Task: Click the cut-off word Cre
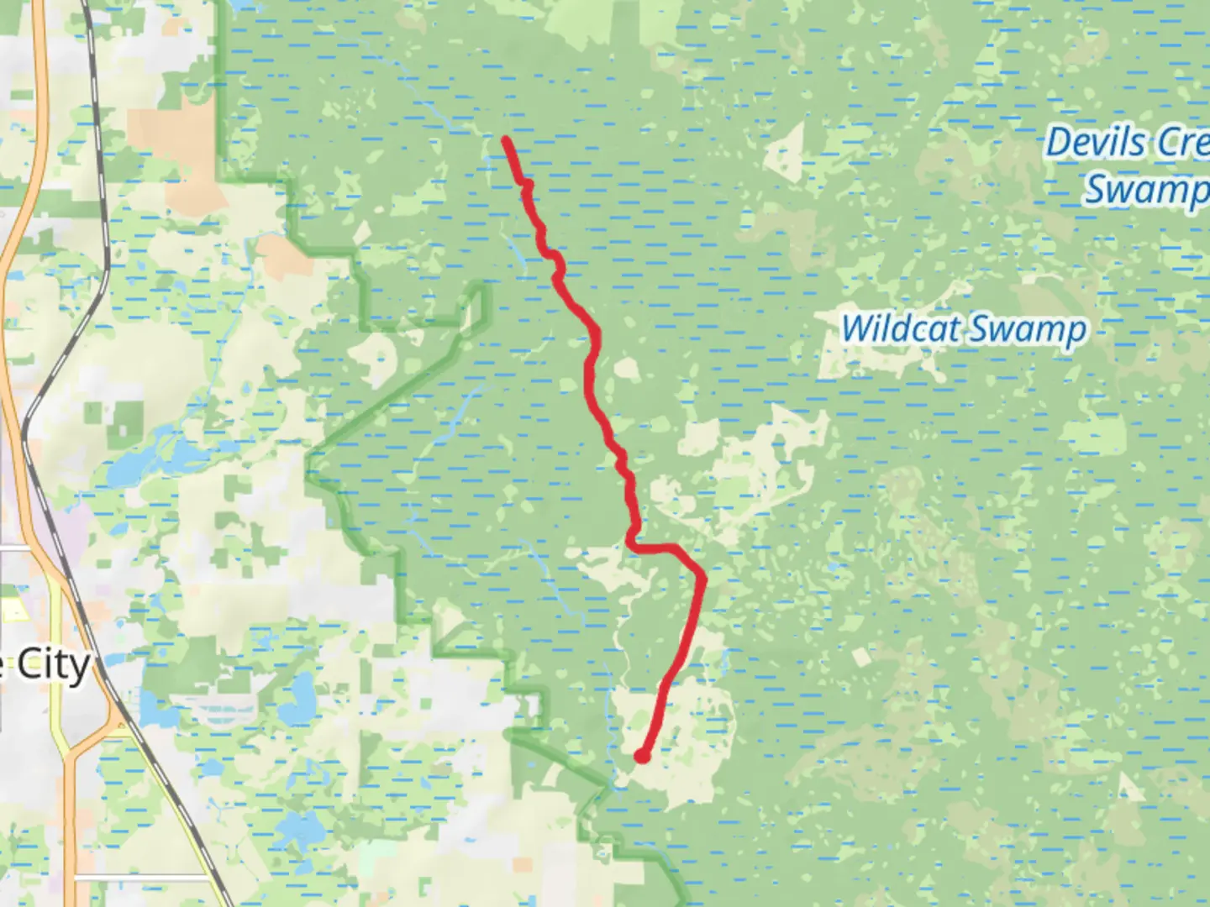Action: pos(1183,143)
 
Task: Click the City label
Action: pos(53,666)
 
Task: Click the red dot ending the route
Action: pos(642,756)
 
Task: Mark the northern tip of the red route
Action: pos(506,139)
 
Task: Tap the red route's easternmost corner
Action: pos(702,577)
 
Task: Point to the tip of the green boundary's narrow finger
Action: pos(481,288)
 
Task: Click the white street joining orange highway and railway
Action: pos(25,548)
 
